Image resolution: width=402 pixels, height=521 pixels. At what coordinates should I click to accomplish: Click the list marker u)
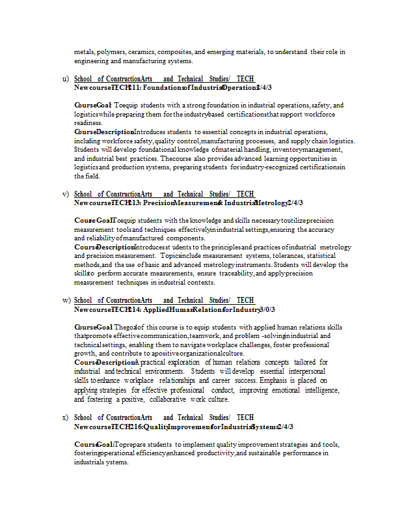coord(65,79)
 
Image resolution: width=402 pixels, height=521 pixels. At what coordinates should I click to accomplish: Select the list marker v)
coord(65,194)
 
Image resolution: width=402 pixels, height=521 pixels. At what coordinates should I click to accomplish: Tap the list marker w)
coord(66,300)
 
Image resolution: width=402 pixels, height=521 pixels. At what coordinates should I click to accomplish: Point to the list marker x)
coord(65,417)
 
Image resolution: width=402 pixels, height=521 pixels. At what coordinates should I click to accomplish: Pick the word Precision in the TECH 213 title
coord(157,203)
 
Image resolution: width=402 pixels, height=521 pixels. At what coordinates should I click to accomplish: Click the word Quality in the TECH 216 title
coord(157,427)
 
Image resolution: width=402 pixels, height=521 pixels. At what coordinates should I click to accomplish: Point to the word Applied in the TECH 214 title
coord(157,309)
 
